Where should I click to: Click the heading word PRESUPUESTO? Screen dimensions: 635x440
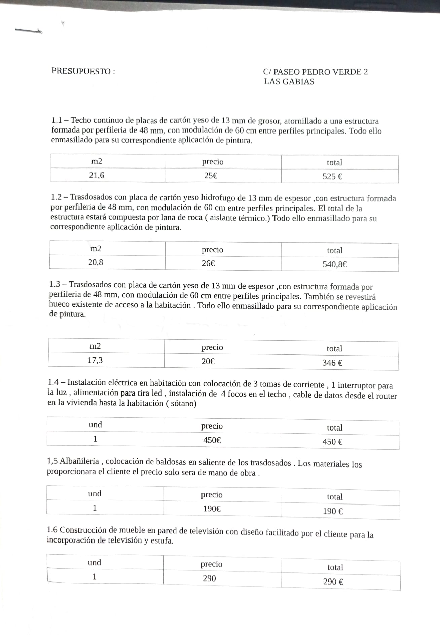coord(81,71)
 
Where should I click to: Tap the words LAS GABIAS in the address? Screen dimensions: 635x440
coord(289,82)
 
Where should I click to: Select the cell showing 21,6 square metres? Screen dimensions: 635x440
coord(97,175)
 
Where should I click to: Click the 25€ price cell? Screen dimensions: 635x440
coord(211,176)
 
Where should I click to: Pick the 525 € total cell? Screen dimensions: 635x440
coord(332,177)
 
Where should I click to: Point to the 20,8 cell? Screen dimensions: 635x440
coord(96,262)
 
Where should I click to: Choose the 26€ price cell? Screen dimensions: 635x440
coord(208,263)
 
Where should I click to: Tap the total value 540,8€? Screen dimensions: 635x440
coord(335,264)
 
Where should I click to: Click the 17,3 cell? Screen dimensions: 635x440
coord(95,360)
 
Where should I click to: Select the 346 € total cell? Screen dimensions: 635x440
coord(332,363)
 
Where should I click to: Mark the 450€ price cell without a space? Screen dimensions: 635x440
coord(212,440)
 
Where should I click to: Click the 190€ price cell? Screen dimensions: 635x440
coord(212,509)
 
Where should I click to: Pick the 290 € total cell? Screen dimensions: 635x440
coord(333,582)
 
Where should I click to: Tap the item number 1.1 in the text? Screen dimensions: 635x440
coord(57,120)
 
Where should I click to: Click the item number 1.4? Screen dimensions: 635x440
coord(53,382)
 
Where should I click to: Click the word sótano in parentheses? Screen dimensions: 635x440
coord(182,403)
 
